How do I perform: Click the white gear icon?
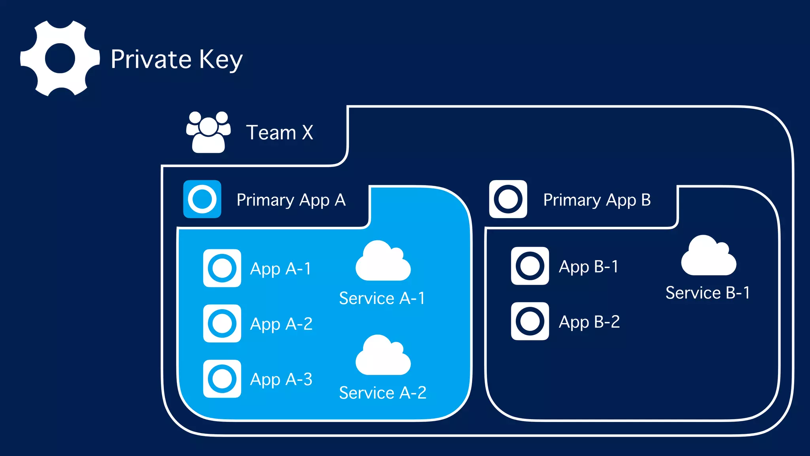60,59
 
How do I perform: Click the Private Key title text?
176,59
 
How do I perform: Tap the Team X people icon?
208,132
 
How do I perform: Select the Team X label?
280,132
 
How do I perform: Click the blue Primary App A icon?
202,199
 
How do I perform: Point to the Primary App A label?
291,200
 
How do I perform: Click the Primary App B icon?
508,199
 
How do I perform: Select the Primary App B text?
597,200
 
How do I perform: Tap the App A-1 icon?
222,268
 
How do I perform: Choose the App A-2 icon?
222,323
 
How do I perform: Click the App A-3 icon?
222,379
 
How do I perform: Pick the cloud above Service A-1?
383,262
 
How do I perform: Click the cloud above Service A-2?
383,356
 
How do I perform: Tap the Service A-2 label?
383,393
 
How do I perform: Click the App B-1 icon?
530,266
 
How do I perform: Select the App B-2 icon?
530,321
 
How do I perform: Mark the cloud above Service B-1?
708,257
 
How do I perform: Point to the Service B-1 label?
708,293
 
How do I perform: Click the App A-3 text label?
281,380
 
